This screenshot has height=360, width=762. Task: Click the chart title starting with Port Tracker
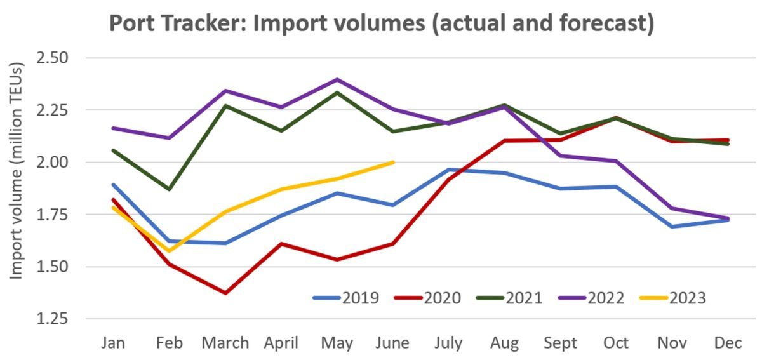[x=381, y=23]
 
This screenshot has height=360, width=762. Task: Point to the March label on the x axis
[x=225, y=343]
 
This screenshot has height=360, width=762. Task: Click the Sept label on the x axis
[x=559, y=343]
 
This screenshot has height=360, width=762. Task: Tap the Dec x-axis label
[x=728, y=343]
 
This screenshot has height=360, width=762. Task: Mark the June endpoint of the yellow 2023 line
[x=394, y=162]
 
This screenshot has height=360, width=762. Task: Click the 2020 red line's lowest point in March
[x=225, y=293]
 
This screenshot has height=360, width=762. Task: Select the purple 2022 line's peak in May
[x=337, y=80]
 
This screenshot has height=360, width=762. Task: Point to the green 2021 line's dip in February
[x=170, y=189]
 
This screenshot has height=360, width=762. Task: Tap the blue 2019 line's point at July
[x=449, y=170]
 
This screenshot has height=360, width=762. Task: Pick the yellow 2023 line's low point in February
[x=170, y=250]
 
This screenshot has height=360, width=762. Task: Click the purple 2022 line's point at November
[x=672, y=208]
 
